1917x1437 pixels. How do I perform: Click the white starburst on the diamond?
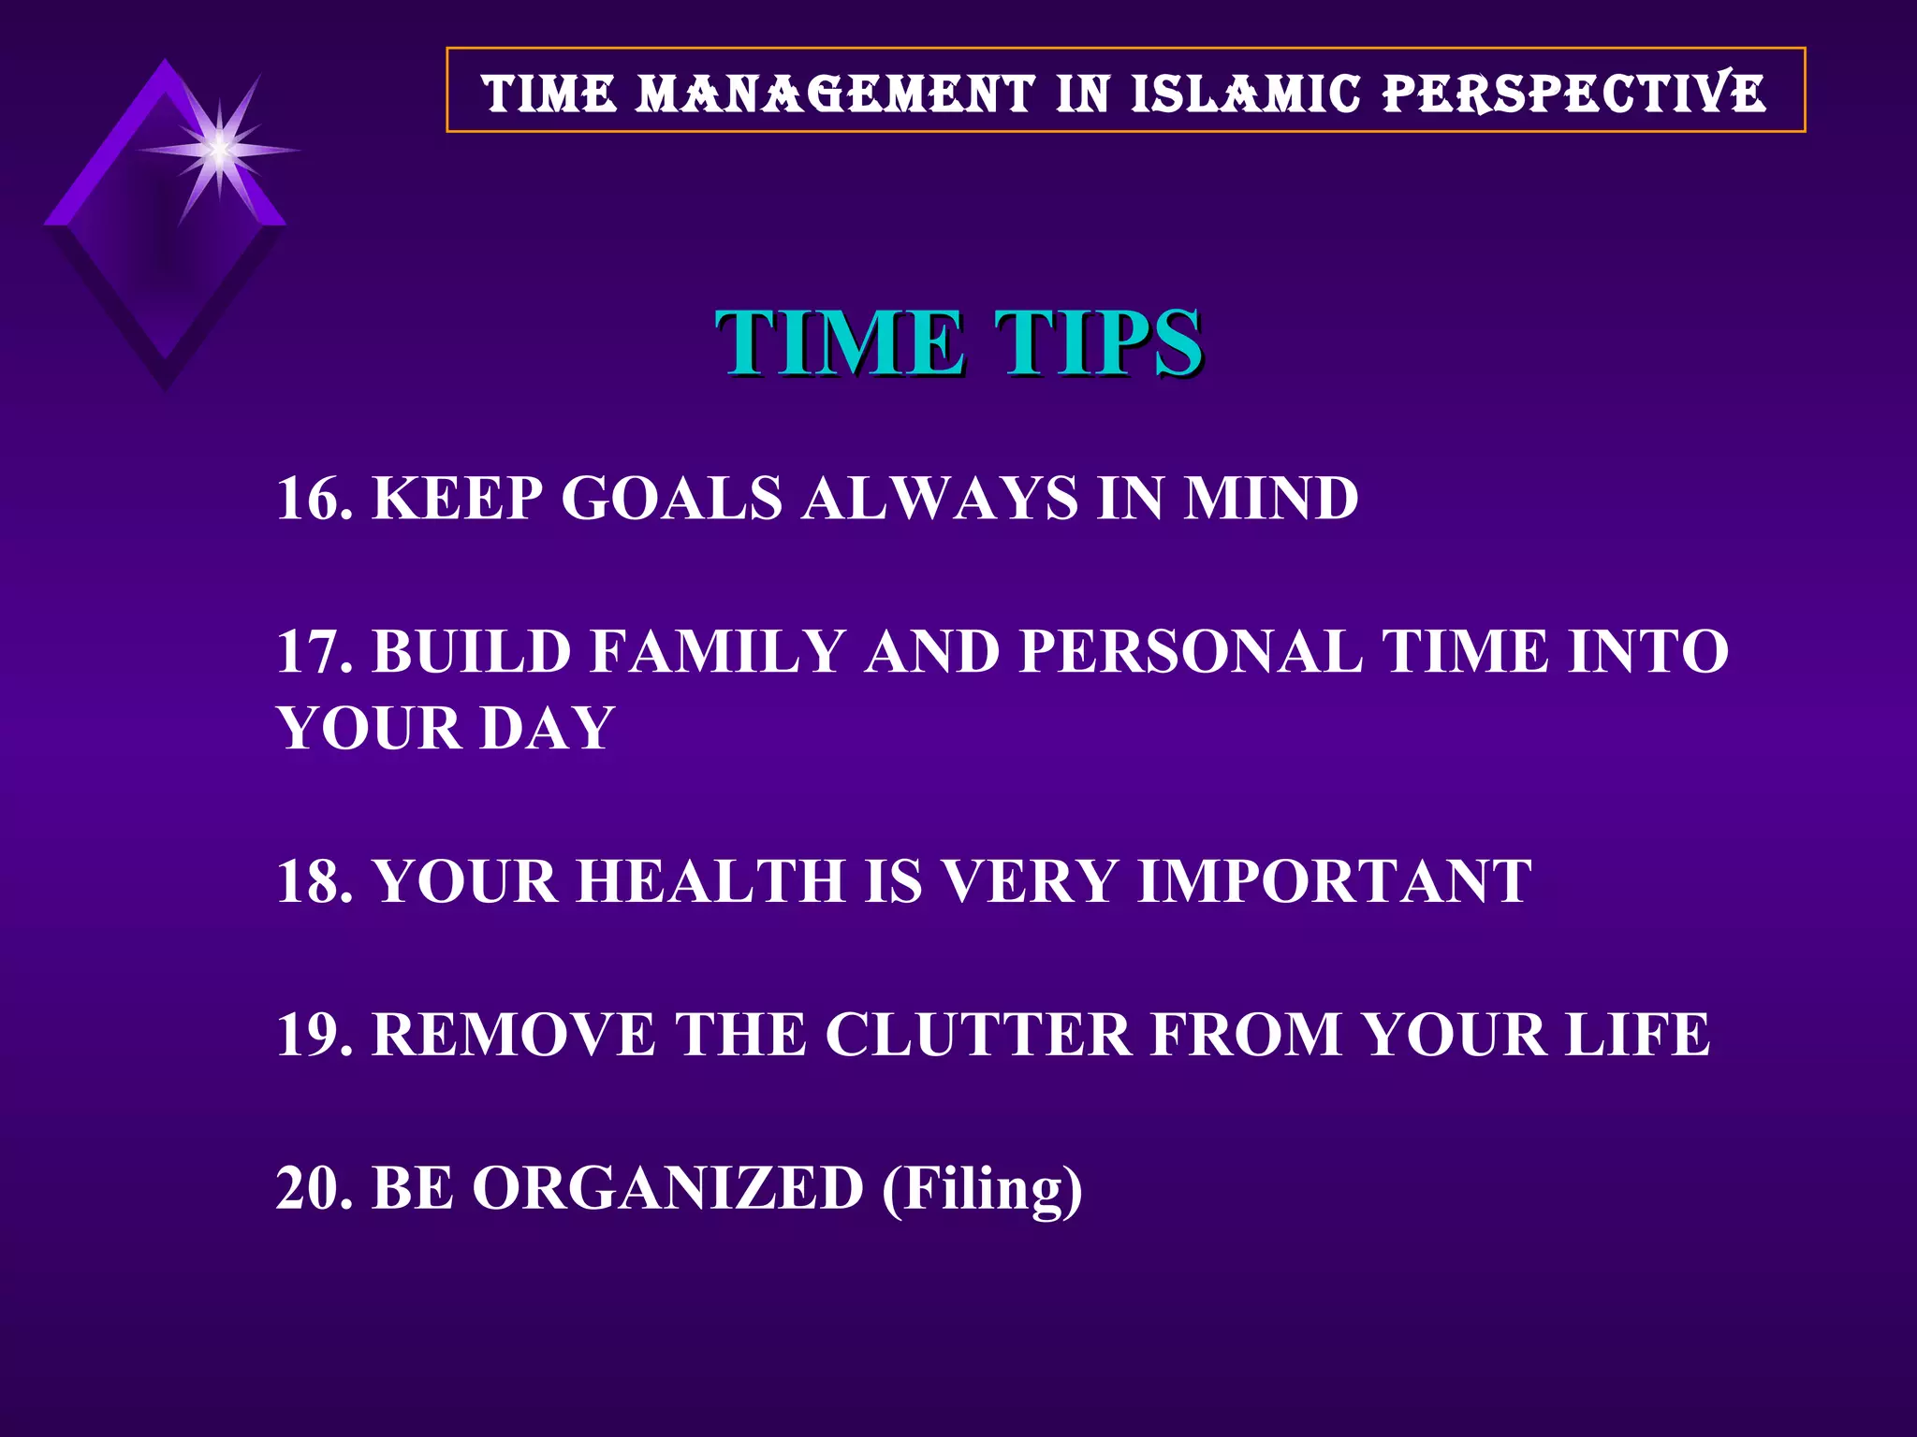[x=219, y=150]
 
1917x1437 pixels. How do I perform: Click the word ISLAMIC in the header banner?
[x=1245, y=94]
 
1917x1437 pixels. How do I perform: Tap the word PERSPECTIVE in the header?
[x=1574, y=94]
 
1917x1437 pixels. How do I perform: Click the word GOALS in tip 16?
[x=671, y=498]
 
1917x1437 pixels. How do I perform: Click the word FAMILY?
[x=718, y=651]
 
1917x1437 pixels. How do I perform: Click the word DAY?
[x=547, y=728]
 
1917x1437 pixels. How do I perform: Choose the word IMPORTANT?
[x=1335, y=881]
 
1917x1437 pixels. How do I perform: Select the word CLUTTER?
[x=978, y=1035]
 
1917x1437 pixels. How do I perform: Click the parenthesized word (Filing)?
[x=982, y=1190]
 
